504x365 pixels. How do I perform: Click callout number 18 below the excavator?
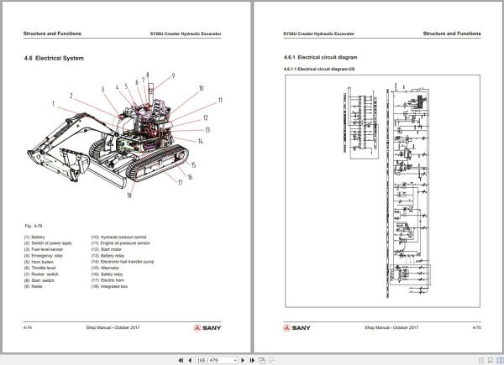point(129,196)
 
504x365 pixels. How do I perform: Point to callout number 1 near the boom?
point(53,103)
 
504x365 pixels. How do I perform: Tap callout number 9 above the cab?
point(174,76)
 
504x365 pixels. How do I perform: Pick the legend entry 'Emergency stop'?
point(43,254)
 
